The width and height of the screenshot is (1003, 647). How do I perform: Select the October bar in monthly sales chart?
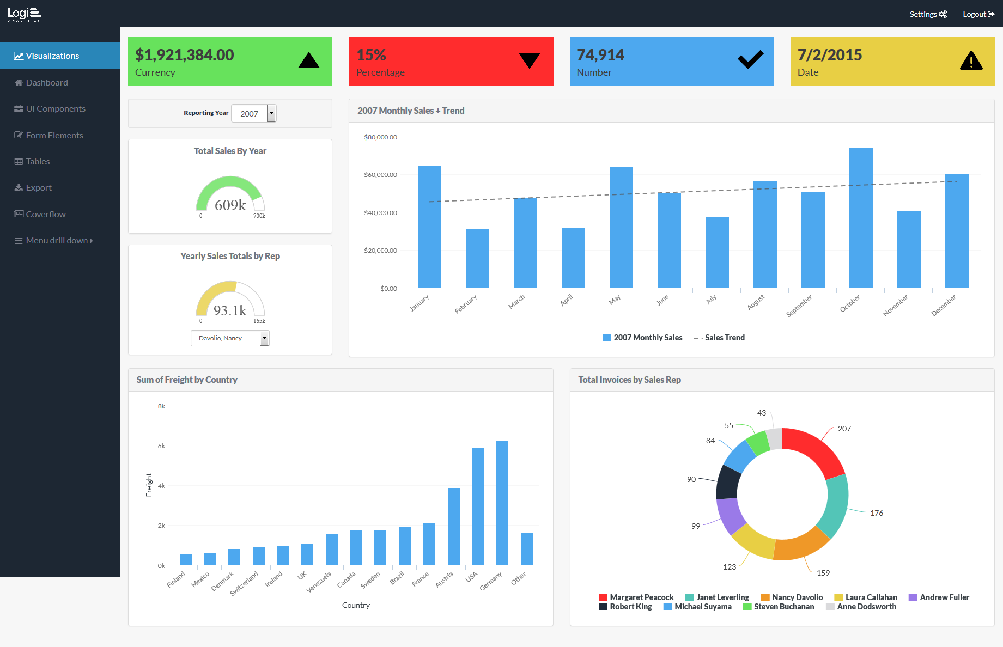(x=861, y=218)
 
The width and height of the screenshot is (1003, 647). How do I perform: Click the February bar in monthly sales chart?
(x=477, y=258)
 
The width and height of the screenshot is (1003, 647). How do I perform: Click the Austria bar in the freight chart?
(x=453, y=526)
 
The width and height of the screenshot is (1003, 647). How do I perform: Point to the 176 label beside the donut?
(x=876, y=513)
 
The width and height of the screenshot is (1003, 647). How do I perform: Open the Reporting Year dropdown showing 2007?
(x=254, y=113)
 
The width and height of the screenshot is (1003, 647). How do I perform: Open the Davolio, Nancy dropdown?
(x=230, y=338)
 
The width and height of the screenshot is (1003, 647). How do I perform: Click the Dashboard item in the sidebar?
(x=47, y=82)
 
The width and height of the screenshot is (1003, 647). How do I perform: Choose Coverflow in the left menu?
(x=46, y=214)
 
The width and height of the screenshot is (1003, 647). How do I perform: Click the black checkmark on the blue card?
(x=750, y=59)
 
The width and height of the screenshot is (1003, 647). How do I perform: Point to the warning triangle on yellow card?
(x=971, y=61)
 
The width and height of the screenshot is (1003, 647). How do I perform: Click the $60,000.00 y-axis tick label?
(x=380, y=175)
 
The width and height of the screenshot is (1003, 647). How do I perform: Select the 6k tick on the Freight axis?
(x=161, y=446)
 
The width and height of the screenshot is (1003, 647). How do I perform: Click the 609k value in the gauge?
(x=230, y=205)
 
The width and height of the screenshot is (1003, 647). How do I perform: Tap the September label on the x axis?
(x=799, y=306)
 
